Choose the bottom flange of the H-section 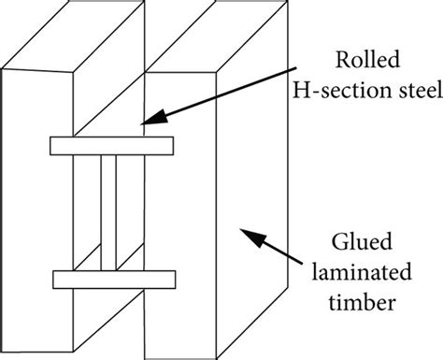pyautogui.click(x=113, y=279)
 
